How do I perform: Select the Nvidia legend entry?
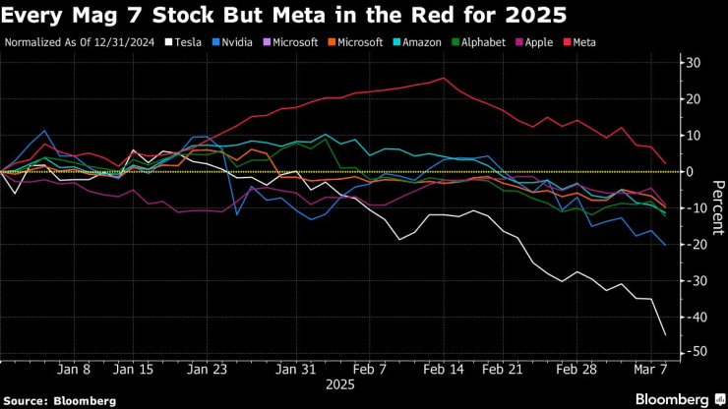pos(242,43)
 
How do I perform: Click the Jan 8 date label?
pos(74,370)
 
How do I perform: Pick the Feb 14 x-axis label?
pos(445,370)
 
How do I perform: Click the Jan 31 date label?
pos(295,370)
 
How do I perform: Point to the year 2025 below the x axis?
pos(339,386)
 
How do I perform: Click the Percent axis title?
pos(717,206)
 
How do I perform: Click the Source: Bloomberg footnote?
pos(60,400)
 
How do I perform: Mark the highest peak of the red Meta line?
pos(444,78)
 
